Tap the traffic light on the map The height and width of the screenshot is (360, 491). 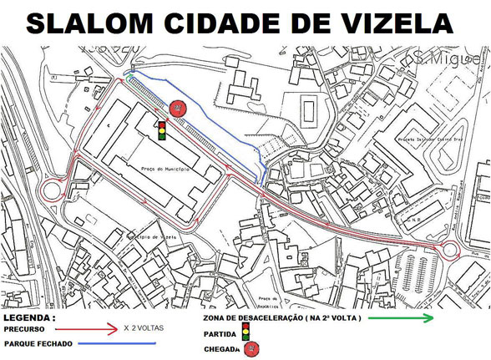(161, 129)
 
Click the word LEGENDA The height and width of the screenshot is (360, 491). (28, 318)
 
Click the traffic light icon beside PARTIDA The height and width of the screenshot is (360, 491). (245, 333)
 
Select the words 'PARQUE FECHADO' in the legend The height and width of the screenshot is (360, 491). (38, 343)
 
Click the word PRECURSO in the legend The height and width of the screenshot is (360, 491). (25, 330)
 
